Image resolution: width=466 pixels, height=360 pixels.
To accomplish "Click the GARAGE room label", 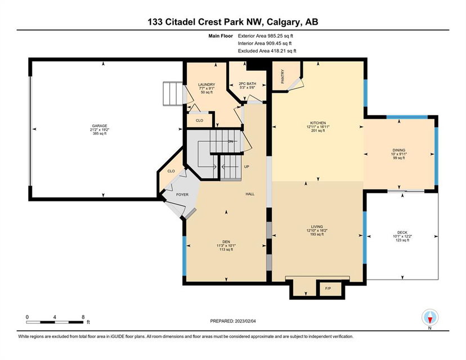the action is [x=100, y=126].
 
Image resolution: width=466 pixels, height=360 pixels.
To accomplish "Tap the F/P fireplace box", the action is [x=330, y=289].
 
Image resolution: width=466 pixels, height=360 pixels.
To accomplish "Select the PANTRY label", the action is [x=283, y=76].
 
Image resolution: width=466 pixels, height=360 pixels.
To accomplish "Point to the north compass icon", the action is [x=430, y=318].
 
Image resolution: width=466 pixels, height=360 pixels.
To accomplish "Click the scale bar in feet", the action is [x=55, y=322].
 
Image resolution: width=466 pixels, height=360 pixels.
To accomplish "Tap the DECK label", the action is [x=402, y=232].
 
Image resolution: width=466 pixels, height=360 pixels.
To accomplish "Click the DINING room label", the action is [x=399, y=150].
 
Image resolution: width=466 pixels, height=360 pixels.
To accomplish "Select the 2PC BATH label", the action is [x=247, y=84].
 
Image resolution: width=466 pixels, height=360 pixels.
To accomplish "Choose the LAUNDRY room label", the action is [x=207, y=84].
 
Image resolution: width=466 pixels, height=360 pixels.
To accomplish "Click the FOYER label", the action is [x=182, y=195].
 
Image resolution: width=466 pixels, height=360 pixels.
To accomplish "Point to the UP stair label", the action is [x=247, y=166].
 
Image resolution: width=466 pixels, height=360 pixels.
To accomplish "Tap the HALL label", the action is [x=250, y=194].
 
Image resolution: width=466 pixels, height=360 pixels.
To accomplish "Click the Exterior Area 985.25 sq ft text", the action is [x=266, y=36].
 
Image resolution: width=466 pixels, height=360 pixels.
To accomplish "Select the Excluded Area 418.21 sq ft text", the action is [x=267, y=51].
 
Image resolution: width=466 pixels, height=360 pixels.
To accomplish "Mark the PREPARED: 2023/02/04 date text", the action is [x=233, y=321].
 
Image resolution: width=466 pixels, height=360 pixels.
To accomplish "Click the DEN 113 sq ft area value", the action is [x=226, y=250].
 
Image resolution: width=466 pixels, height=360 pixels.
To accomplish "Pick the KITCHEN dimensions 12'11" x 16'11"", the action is [x=318, y=127].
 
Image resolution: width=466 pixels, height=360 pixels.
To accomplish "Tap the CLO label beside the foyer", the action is [x=171, y=171].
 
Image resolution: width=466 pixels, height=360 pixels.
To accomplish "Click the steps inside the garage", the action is [x=172, y=93].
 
